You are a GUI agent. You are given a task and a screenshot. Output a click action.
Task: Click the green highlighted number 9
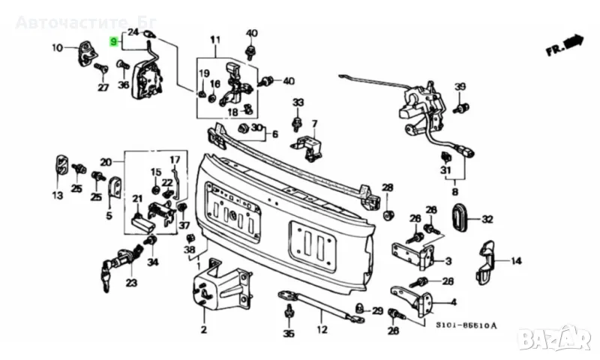pos(113,42)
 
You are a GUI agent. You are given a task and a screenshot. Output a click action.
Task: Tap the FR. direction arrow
pos(564,46)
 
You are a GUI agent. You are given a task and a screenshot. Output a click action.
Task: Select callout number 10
pos(58,49)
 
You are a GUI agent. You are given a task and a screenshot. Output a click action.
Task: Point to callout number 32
pos(487,220)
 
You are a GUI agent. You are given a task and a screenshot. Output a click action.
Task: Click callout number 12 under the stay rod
pos(322,329)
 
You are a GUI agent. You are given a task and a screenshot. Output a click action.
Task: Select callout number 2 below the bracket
pos(202,329)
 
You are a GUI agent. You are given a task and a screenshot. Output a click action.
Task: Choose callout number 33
pos(298,102)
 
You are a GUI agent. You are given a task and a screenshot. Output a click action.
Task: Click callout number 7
pos(314,124)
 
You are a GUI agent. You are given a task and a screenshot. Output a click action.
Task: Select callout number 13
pos(58,196)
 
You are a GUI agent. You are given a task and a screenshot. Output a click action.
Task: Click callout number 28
pos(387,187)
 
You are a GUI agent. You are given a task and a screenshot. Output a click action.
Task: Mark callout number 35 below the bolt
pos(289,333)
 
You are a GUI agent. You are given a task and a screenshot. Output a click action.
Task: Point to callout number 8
pos(454,193)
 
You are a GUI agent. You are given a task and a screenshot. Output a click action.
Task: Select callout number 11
pos(215,40)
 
